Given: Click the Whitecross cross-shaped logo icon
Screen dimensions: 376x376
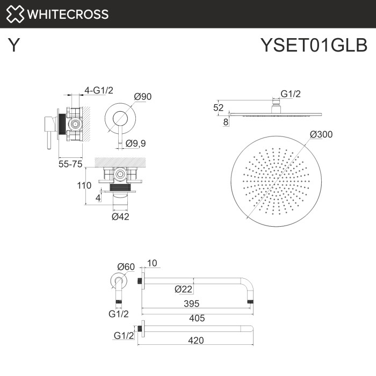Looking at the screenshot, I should coord(15,14).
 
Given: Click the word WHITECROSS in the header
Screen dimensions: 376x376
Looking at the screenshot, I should coord(68,15).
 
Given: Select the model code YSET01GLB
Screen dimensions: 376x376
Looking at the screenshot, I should coord(314,45).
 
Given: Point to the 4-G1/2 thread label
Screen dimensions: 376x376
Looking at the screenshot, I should coord(100,91).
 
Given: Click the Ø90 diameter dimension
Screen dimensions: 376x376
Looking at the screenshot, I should coord(143,97).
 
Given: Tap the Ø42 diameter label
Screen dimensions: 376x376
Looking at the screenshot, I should coord(120,217).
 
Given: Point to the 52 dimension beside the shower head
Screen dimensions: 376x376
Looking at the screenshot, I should coord(218,107).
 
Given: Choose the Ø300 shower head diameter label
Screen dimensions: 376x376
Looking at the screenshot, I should coord(321,134).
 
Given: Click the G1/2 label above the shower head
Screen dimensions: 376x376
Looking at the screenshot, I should coord(291,94).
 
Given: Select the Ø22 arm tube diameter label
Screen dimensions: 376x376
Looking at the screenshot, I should coord(183,290).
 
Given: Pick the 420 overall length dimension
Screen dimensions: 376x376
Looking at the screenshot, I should coord(197,339).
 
